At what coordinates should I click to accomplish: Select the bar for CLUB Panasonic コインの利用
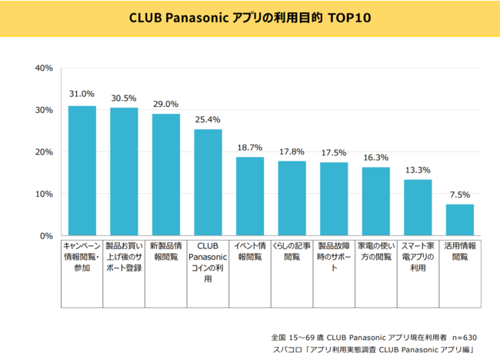208,182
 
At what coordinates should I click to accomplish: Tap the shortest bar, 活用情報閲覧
460,220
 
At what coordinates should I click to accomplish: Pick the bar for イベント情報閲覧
250,196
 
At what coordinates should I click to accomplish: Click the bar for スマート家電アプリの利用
418,208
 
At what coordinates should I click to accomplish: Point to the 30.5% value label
124,98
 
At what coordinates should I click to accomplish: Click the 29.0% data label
166,105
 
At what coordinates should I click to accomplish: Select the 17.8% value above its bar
292,152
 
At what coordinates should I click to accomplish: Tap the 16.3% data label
375,158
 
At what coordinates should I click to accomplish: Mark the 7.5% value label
460,195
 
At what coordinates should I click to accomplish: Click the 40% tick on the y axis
44,68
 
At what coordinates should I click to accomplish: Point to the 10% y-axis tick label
44,194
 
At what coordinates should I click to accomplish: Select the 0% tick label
47,235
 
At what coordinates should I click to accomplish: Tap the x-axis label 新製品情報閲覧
166,252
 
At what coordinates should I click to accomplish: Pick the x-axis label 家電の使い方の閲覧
375,252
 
